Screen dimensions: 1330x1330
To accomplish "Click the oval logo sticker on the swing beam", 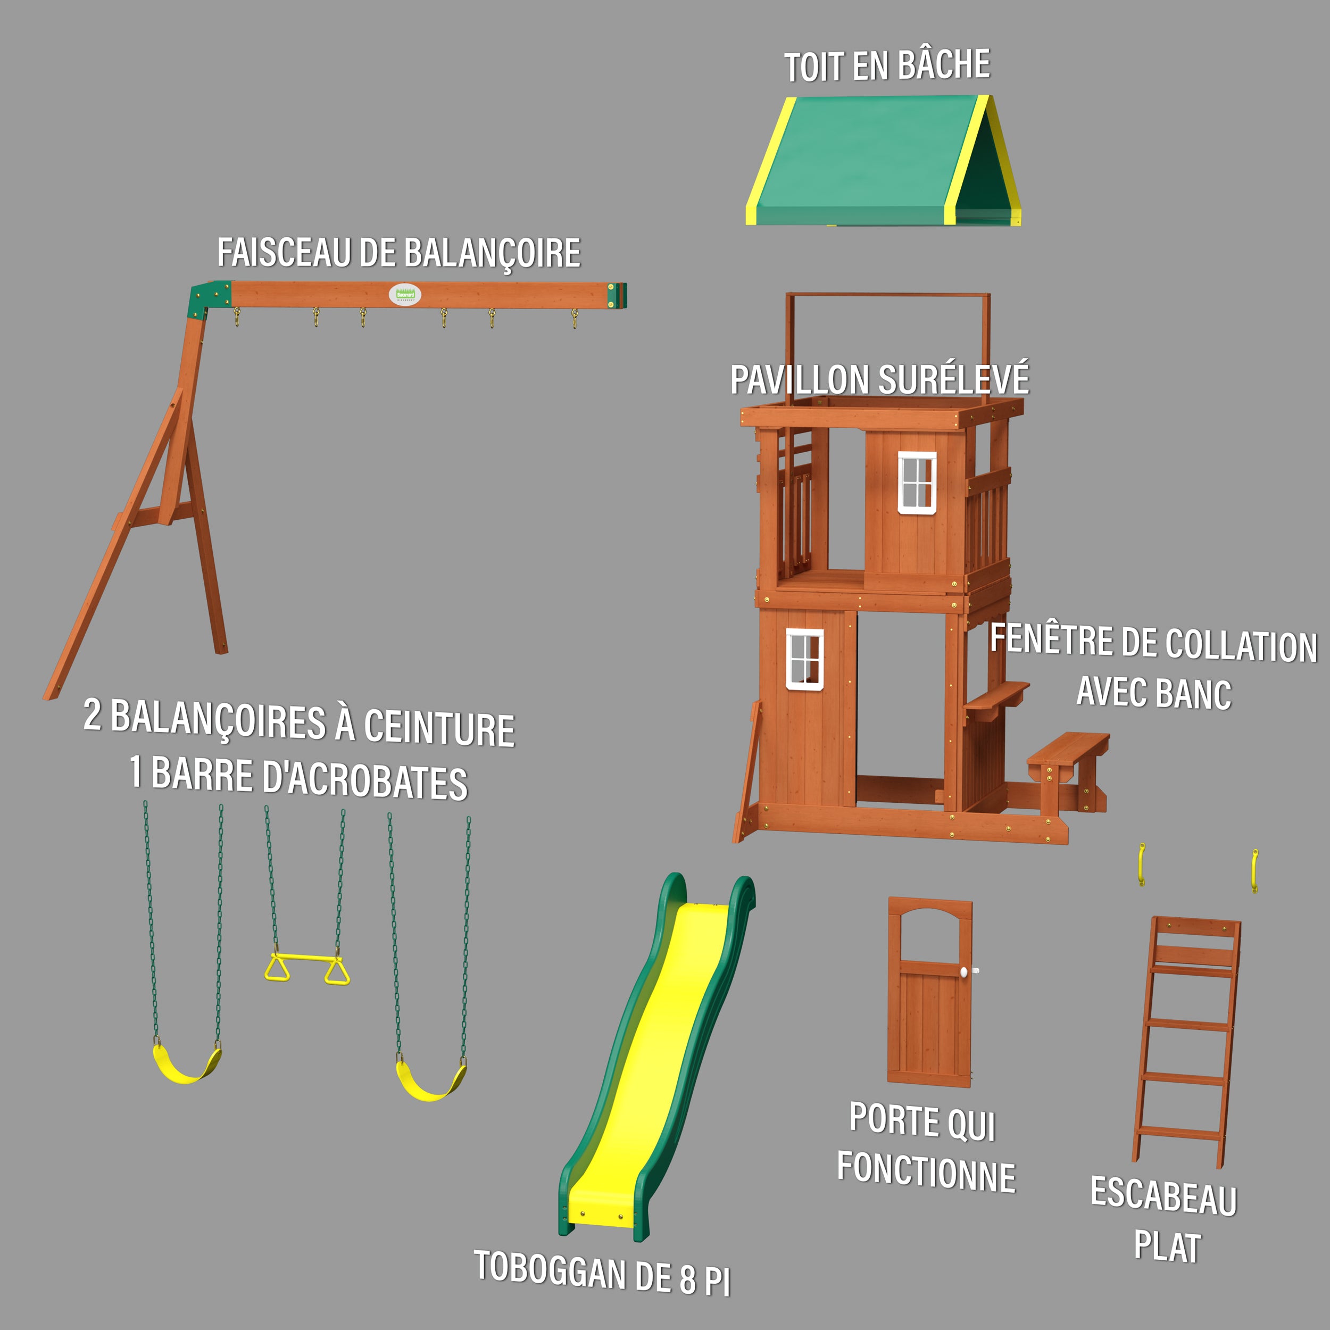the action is [405, 295].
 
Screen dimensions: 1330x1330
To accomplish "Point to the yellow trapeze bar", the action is [307, 957].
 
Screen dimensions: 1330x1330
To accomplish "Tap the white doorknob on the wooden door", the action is [965, 971].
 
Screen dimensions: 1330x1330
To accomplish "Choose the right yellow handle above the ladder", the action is [1254, 870].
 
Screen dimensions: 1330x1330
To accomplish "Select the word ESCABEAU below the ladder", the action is [1163, 1196].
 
